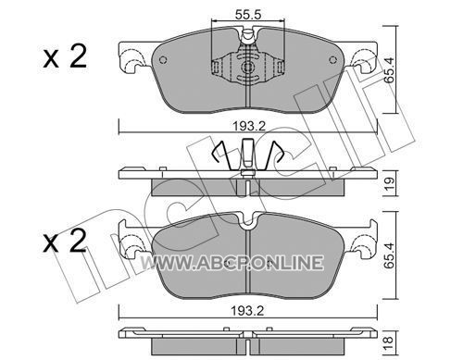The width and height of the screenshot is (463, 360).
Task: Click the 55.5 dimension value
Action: (248, 14)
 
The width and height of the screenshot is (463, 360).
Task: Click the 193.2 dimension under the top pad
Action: (249, 126)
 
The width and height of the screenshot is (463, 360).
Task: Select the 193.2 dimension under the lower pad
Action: (248, 311)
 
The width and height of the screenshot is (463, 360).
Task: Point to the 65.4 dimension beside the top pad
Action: (390, 69)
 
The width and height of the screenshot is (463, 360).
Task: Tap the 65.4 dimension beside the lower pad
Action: (390, 255)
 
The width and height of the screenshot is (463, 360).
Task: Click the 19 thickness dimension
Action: (390, 183)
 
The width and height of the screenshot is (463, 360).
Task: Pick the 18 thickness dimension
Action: (390, 341)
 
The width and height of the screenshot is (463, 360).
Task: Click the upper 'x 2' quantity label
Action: (65, 56)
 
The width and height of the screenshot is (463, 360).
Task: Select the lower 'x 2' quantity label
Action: (65, 241)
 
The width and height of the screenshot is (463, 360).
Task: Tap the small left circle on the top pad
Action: (163, 60)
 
